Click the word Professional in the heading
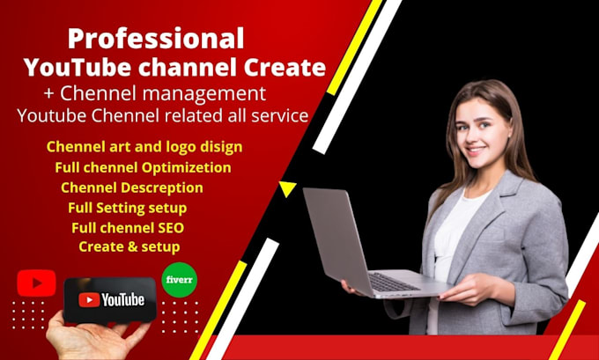[x=156, y=39]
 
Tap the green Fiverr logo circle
[x=180, y=280]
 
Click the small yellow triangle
[x=287, y=188]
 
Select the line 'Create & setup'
[x=129, y=246]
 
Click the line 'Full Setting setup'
[x=127, y=208]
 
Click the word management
[x=204, y=94]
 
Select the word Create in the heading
[x=285, y=67]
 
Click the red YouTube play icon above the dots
[x=36, y=283]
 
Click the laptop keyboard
[x=394, y=282]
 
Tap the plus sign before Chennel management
[x=49, y=94]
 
